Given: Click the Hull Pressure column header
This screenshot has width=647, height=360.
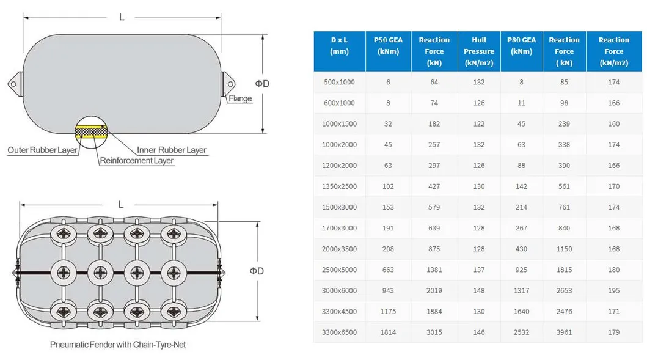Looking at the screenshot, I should point(478,51).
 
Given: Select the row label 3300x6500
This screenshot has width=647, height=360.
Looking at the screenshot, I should point(339,332).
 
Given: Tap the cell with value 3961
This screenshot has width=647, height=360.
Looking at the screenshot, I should point(564,332).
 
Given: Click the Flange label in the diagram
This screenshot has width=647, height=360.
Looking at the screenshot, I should point(240,98).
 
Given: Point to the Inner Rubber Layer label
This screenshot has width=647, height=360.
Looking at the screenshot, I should point(171,150).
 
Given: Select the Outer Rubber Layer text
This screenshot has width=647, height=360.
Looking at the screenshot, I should point(42,150).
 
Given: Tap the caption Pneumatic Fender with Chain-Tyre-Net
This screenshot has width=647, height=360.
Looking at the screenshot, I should point(117,345).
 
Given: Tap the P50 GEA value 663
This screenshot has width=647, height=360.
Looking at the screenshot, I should point(388,270).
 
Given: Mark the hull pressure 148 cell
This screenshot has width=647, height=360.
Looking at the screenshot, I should point(478,290).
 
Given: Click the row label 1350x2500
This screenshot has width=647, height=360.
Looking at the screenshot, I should point(339,186).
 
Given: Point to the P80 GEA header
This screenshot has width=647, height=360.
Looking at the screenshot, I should point(521,46).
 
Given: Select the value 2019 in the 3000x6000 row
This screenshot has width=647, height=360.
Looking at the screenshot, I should point(434,290).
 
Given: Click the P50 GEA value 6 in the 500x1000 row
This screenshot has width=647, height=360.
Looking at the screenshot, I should point(388,82).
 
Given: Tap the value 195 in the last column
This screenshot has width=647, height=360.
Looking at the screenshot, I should point(613,290).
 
